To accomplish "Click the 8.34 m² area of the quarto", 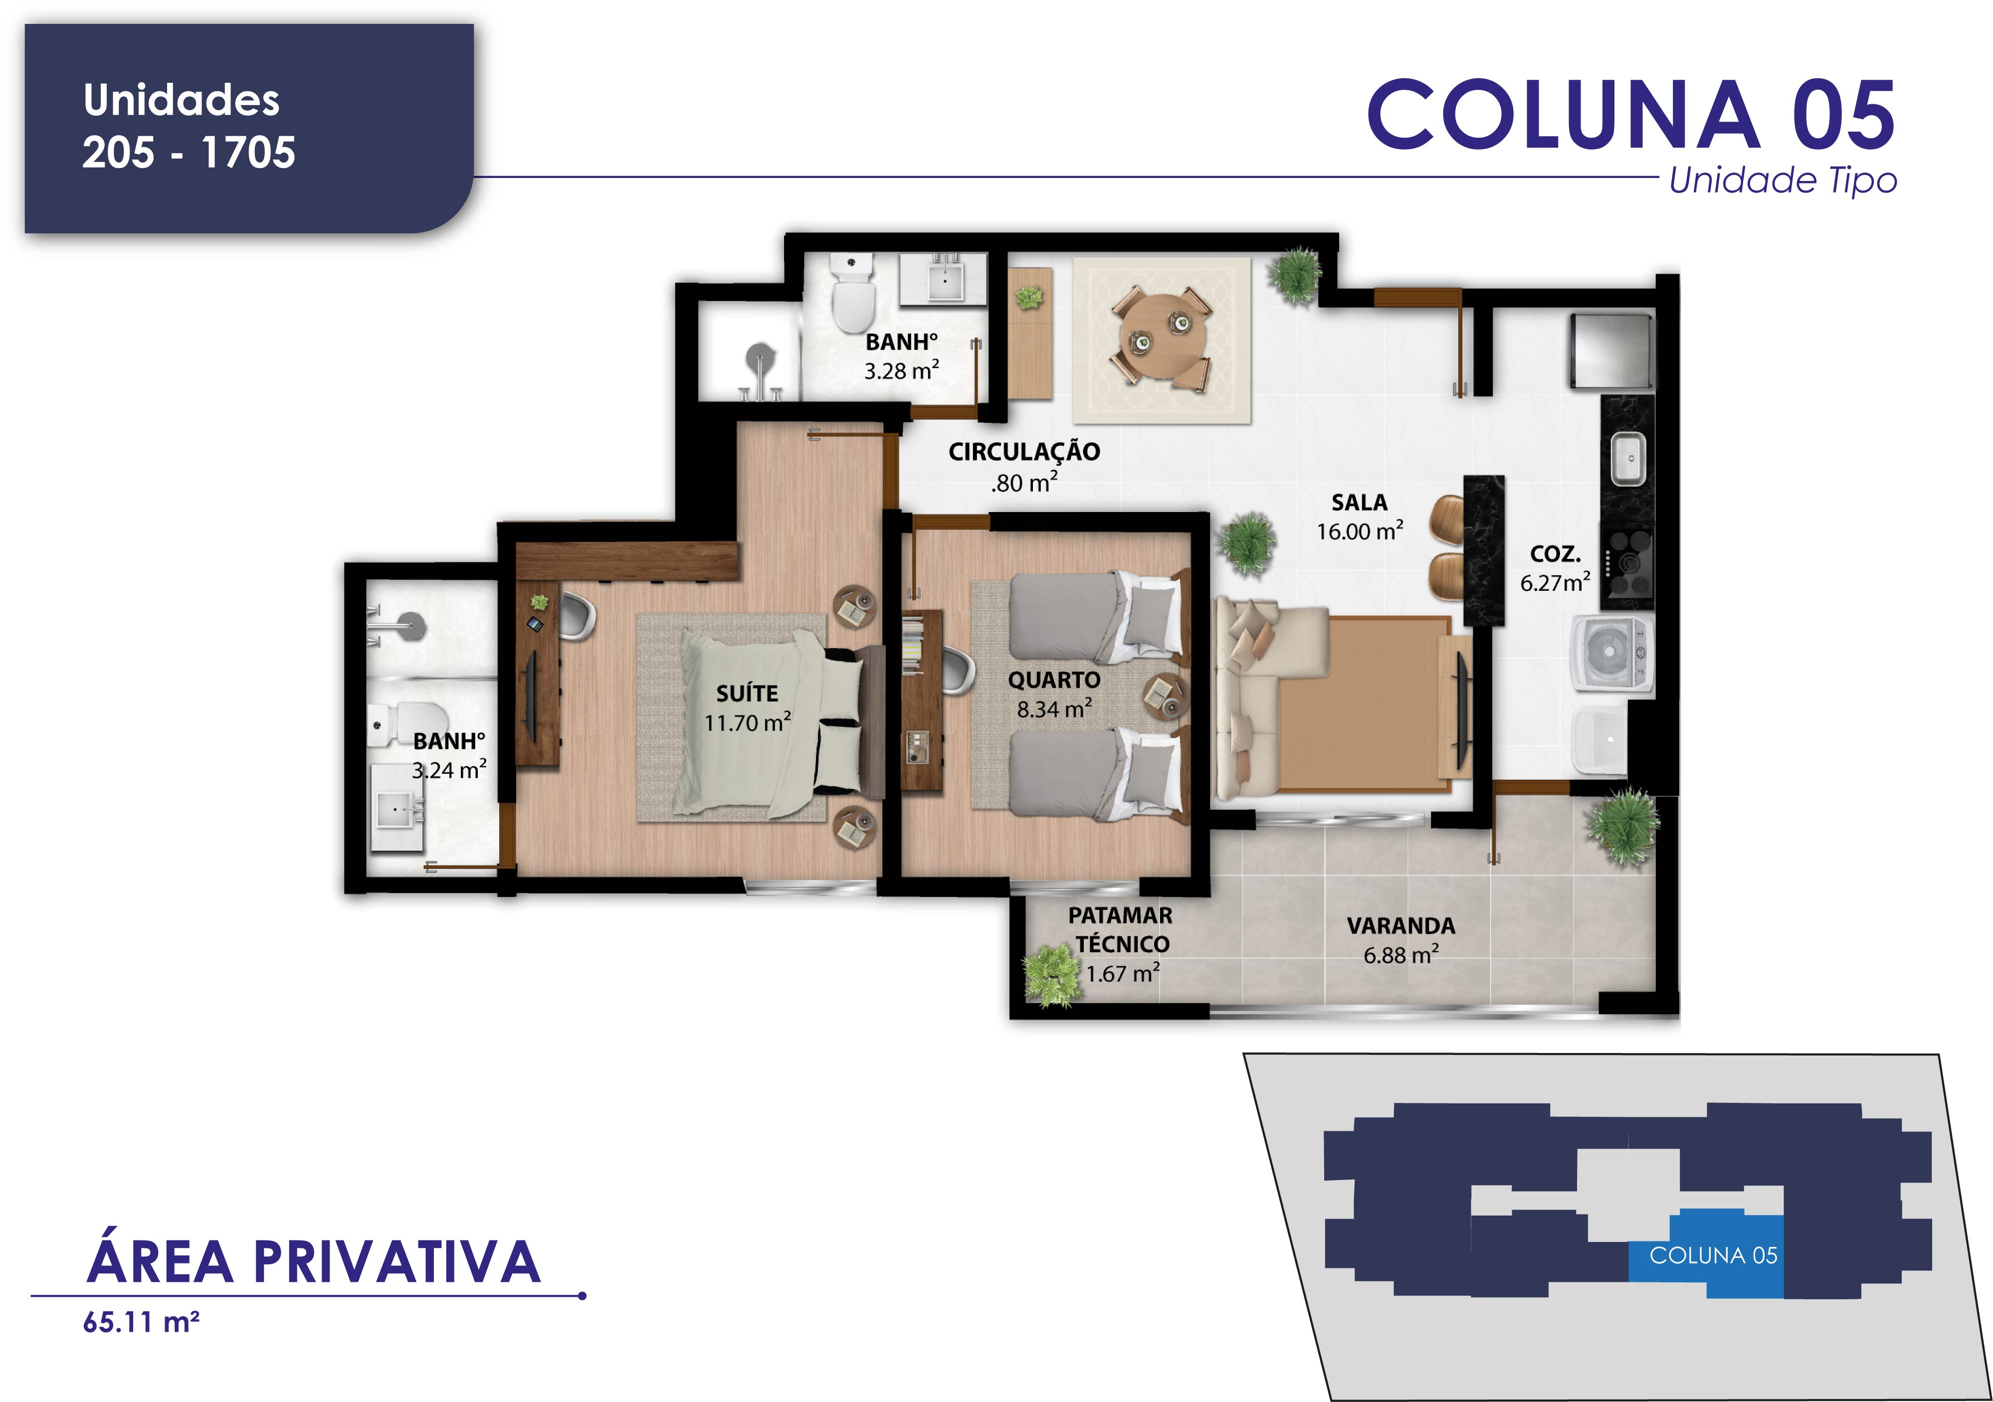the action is pyautogui.click(x=1054, y=709).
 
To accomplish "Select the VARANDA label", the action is pyautogui.click(x=1401, y=926).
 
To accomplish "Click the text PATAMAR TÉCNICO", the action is pyautogui.click(x=1121, y=929).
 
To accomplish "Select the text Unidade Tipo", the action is pyautogui.click(x=1783, y=180).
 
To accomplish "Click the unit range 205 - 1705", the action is pyautogui.click(x=189, y=152).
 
